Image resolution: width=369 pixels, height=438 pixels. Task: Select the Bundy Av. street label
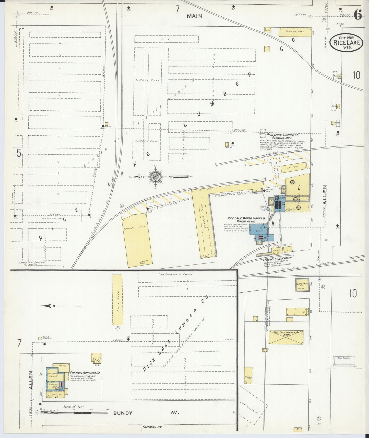point(123,413)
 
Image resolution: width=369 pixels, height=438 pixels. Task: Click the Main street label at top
point(194,16)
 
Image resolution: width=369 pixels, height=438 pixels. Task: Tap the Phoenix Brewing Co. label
point(85,373)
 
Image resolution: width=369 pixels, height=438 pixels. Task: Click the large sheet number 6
point(358,14)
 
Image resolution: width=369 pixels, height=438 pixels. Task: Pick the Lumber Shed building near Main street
point(295,32)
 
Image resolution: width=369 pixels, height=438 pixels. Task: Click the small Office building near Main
point(268,30)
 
